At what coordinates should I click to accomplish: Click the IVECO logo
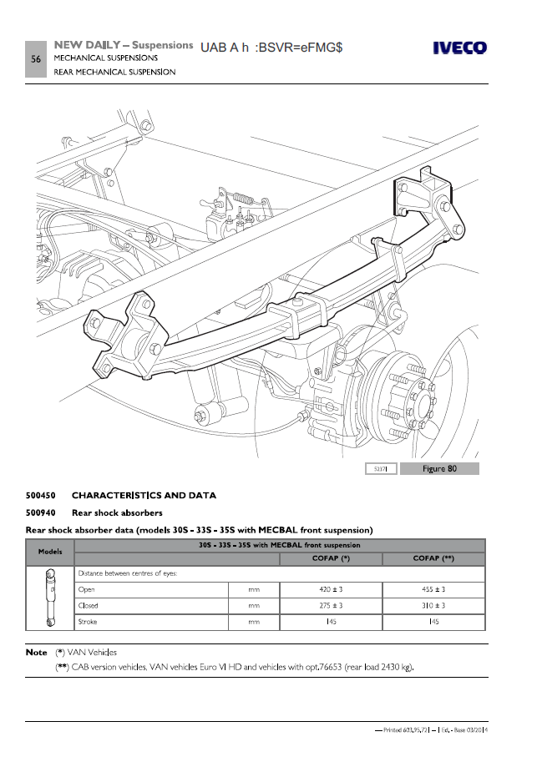tap(458, 48)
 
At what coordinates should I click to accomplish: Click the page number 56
tap(36, 59)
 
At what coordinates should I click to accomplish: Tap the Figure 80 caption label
tap(439, 468)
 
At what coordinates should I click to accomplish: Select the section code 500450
tap(42, 495)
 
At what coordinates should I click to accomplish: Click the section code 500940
tap(42, 512)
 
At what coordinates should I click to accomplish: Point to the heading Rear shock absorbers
tap(117, 512)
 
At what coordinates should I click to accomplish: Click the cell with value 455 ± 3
tap(433, 589)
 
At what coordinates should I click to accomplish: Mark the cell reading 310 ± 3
tap(433, 605)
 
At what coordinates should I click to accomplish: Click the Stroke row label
tap(88, 622)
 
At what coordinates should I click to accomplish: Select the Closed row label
tap(88, 605)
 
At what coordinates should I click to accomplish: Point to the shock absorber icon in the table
tap(51, 597)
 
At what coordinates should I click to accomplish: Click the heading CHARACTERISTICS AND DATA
tap(144, 495)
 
